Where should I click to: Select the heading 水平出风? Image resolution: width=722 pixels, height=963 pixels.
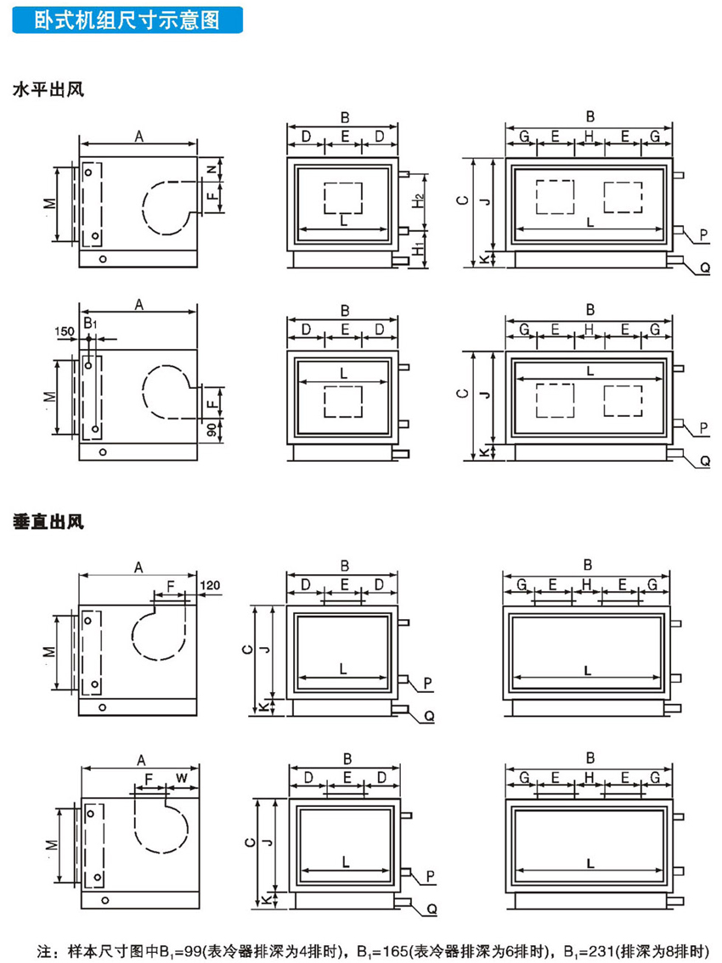pos(48,90)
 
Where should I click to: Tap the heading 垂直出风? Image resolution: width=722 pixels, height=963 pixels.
pos(48,520)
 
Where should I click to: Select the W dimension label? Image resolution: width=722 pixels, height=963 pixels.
pos(182,778)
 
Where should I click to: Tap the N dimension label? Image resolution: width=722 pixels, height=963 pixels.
pos(212,169)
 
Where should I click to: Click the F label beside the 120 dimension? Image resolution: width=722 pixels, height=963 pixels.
pos(172,586)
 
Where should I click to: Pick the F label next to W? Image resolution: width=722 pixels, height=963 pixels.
pos(149,778)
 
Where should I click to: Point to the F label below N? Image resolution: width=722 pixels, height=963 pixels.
pos(212,196)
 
